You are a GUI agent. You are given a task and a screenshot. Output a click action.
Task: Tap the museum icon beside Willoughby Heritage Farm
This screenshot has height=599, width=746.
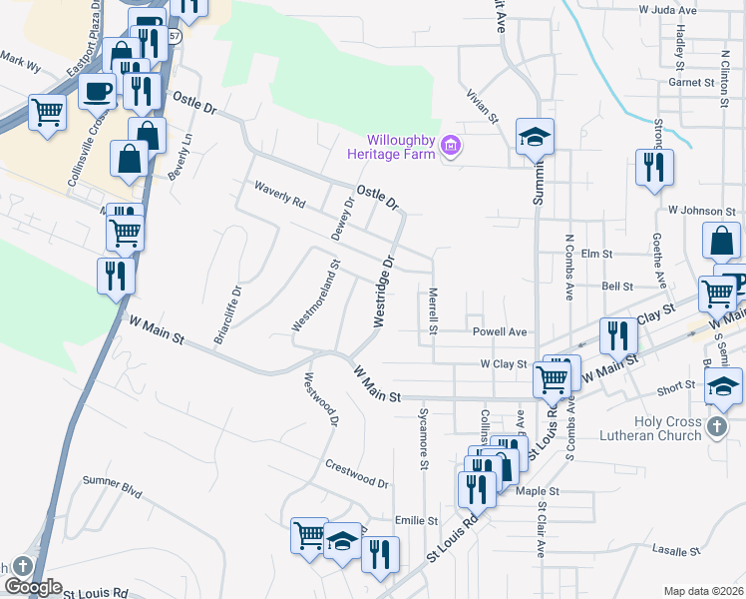451,147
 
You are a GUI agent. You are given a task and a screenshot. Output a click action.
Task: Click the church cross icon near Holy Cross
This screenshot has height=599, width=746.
716,428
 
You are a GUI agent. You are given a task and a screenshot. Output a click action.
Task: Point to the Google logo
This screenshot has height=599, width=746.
32,587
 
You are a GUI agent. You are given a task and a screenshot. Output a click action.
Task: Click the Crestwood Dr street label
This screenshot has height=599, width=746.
356,473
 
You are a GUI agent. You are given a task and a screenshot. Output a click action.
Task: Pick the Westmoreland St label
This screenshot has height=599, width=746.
316,297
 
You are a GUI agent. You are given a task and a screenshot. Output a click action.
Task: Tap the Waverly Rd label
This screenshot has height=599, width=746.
279,193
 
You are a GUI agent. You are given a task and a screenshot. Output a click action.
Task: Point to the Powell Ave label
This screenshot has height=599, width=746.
500,331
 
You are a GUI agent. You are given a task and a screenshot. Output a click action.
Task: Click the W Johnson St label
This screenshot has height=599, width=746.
701,212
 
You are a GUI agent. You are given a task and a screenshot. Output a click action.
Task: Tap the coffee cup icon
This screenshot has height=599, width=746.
99,91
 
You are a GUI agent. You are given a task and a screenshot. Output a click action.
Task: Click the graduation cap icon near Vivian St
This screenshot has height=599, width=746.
535,136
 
